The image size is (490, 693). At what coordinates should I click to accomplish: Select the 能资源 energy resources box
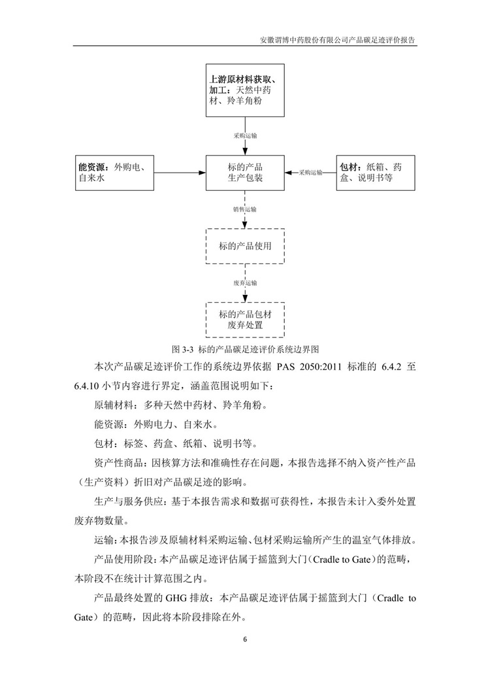tap(115, 173)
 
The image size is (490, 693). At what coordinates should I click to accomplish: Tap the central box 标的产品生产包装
tap(245, 173)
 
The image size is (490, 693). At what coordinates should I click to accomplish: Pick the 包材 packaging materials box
tap(374, 173)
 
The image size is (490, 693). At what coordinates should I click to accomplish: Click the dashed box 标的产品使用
tap(245, 246)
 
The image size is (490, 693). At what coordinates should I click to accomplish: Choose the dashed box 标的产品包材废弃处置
tap(245, 319)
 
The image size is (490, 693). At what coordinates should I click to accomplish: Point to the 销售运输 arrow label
tap(245, 210)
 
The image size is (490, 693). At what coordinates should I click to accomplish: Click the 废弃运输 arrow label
tap(245, 283)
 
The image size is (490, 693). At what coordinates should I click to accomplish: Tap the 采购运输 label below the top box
tap(245, 136)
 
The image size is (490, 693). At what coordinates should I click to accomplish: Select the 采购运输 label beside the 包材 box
tap(311, 173)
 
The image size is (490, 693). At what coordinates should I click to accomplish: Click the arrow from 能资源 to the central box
tap(180, 173)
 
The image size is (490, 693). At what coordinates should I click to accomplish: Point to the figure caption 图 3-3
tap(245, 348)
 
